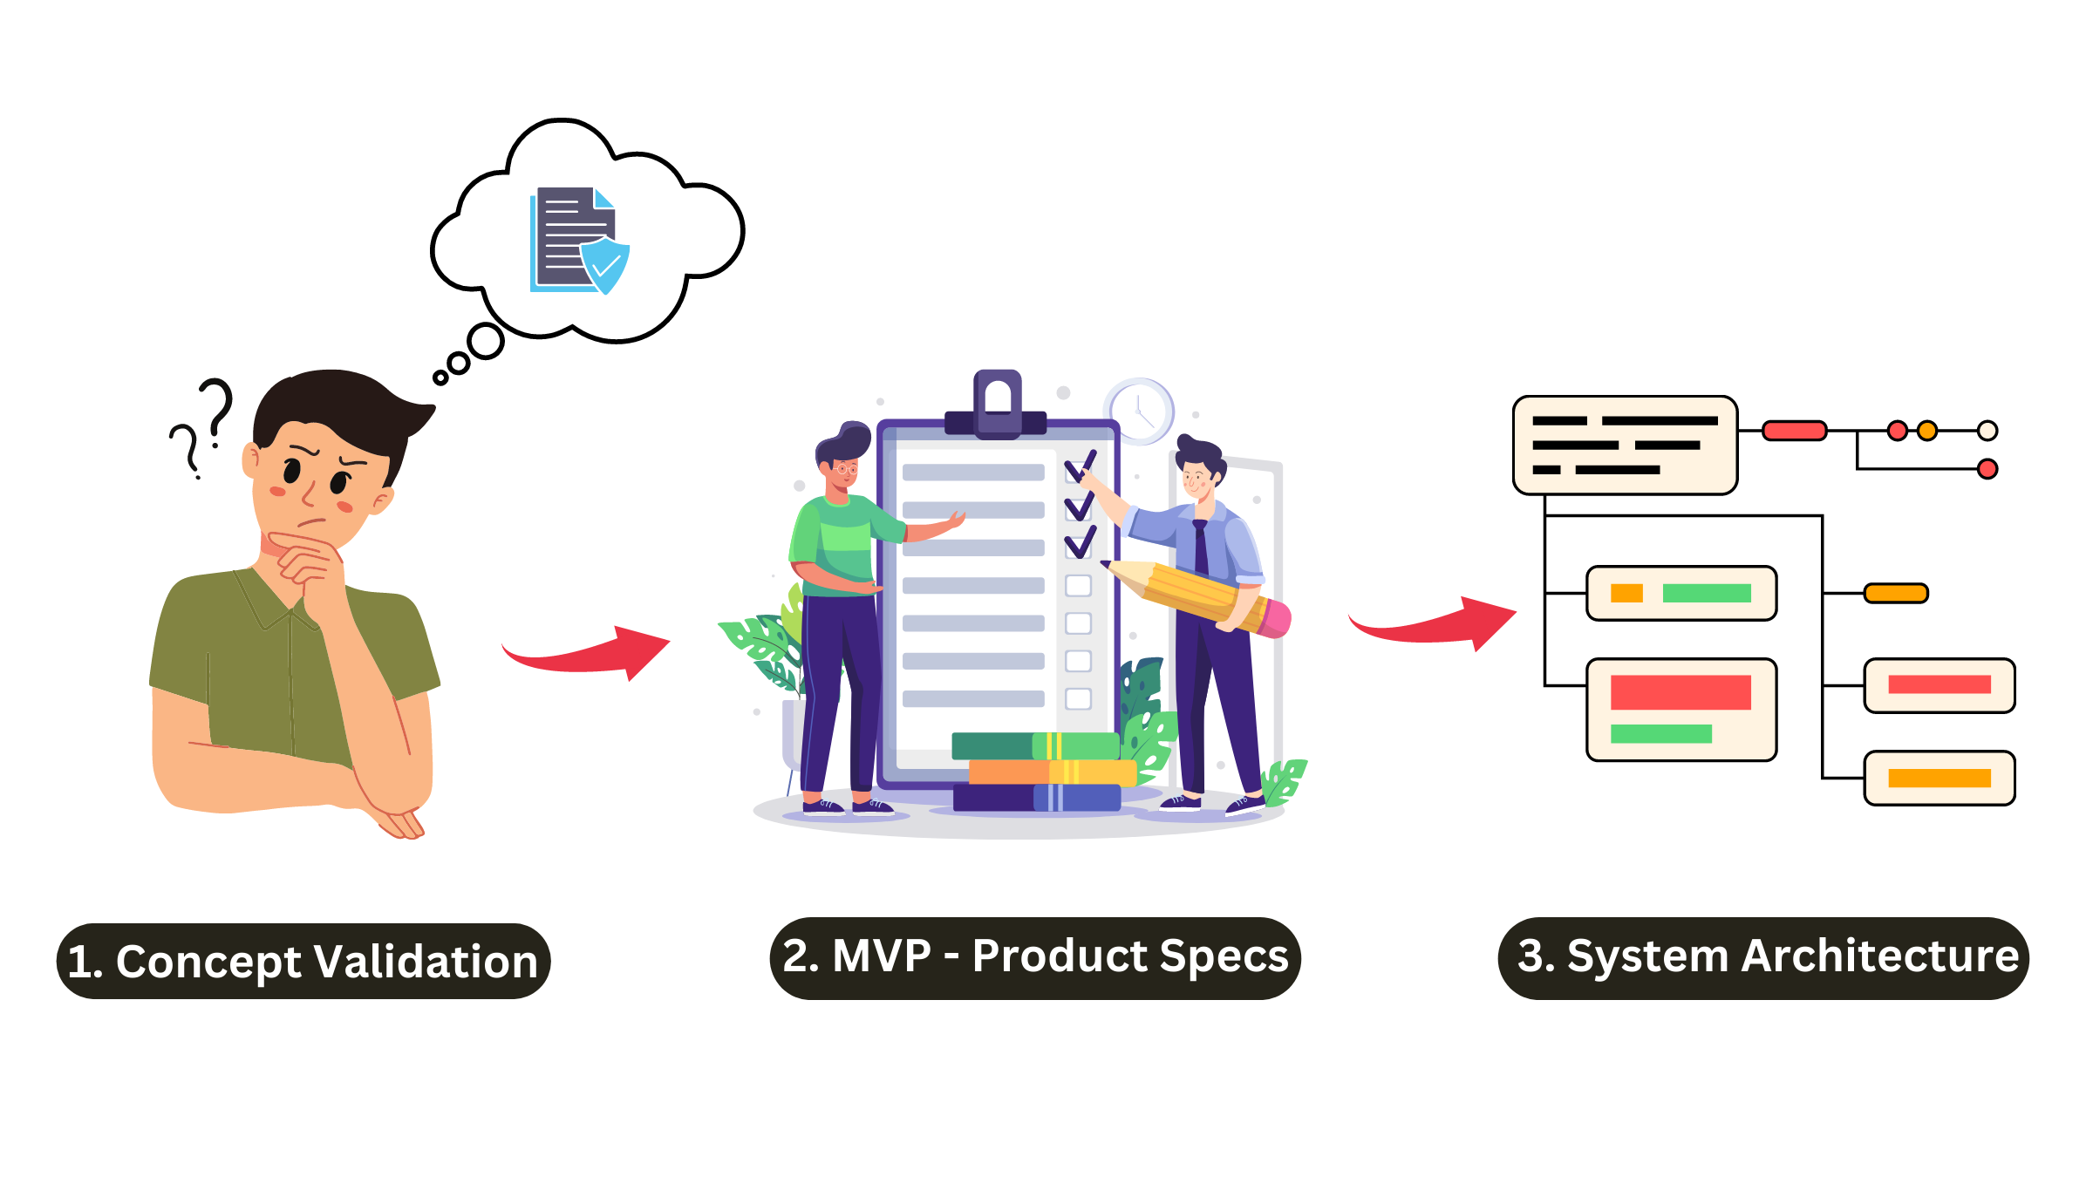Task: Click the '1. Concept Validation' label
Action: tap(303, 961)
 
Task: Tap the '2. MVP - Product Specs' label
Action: tap(1035, 957)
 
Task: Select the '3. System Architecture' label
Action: tap(1763, 957)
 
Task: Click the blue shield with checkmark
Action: tap(604, 263)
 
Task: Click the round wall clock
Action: tap(1140, 412)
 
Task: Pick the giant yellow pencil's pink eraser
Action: tap(1275, 617)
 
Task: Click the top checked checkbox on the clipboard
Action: tap(1079, 469)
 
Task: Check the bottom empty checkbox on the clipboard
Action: tap(1079, 698)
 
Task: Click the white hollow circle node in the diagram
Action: tap(1987, 431)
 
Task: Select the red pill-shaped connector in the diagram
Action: tap(1794, 431)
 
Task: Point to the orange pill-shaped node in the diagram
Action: tap(1896, 594)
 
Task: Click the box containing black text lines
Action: tap(1625, 446)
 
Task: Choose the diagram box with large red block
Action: tap(1681, 710)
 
